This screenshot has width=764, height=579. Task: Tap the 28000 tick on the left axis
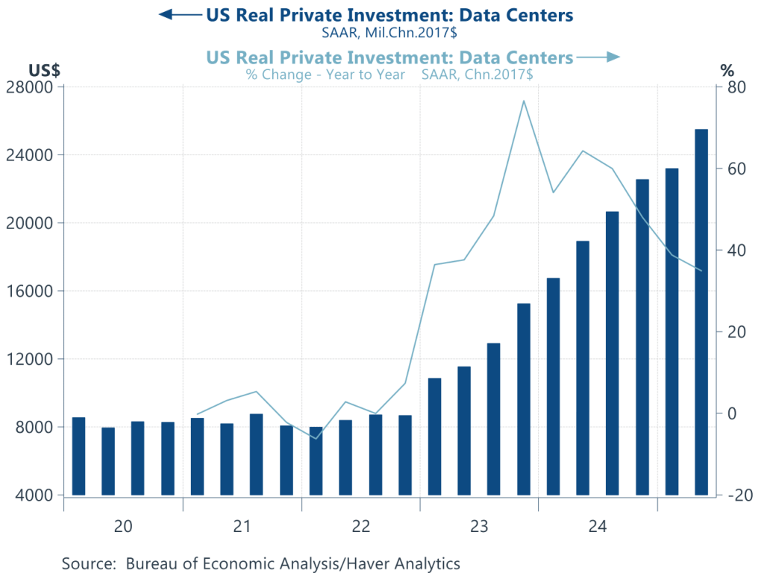point(32,87)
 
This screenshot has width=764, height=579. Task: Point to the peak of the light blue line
point(524,101)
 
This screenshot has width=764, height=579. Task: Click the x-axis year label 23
point(479,527)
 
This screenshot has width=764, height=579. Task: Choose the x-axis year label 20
point(123,527)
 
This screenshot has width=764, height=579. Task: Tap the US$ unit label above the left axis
point(44,70)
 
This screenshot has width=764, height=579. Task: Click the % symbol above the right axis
point(727,70)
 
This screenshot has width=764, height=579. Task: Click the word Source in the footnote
point(89,563)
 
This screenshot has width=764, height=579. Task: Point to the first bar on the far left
point(78,456)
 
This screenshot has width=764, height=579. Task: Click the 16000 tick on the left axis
point(32,291)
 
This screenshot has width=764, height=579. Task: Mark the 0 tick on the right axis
point(733,413)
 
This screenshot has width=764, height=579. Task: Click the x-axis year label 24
point(597,527)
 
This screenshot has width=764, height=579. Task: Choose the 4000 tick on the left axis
point(36,495)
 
